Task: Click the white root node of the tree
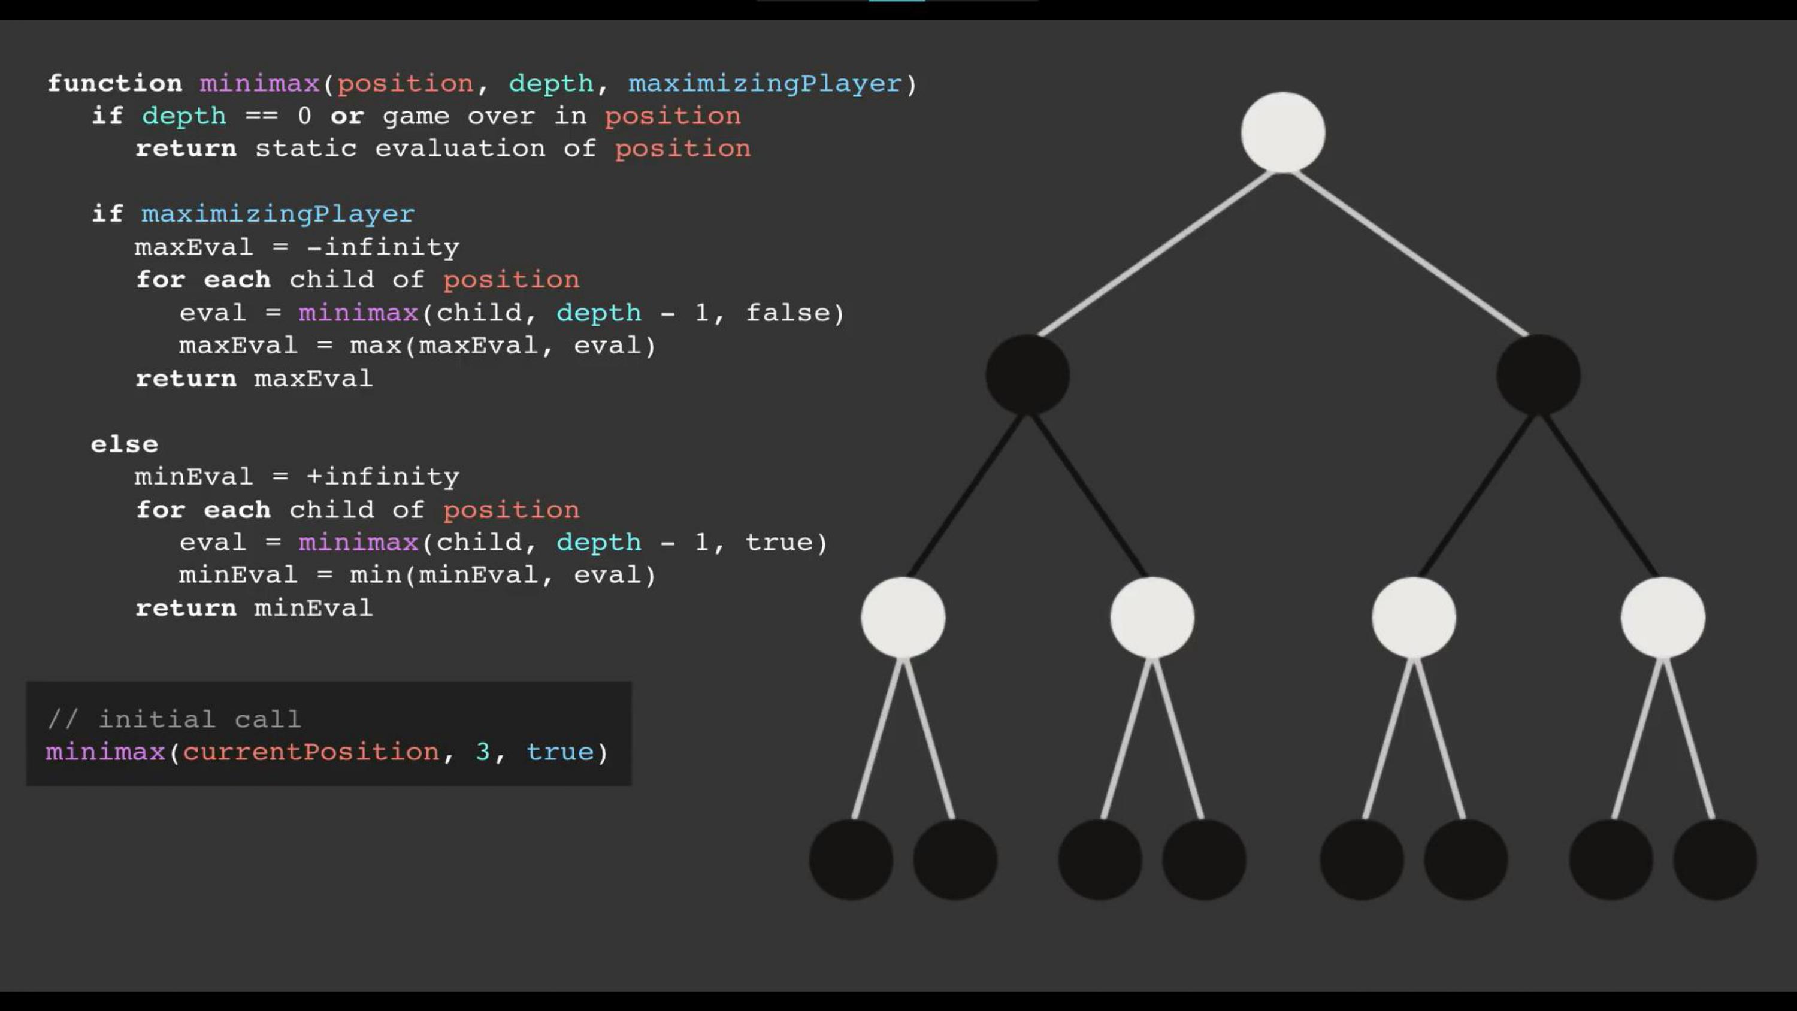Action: [1283, 132]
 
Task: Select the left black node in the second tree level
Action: [1027, 375]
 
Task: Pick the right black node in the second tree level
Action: [1538, 375]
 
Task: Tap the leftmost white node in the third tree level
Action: [903, 618]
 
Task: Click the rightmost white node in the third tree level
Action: [1662, 618]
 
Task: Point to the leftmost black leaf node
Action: [851, 859]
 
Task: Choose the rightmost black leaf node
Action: [1715, 859]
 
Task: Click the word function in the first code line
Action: [115, 84]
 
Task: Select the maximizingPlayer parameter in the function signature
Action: [764, 84]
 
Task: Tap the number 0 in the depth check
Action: [304, 116]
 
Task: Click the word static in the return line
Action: [305, 149]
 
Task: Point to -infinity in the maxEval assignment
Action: [383, 247]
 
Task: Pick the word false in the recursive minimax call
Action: [788, 313]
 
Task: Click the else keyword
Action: [124, 444]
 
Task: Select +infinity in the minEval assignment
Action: [383, 477]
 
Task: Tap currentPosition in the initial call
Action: [311, 752]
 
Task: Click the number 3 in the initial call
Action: [482, 752]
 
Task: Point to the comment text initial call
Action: [199, 719]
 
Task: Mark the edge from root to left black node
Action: [1155, 253]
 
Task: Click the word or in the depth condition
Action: [347, 116]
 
